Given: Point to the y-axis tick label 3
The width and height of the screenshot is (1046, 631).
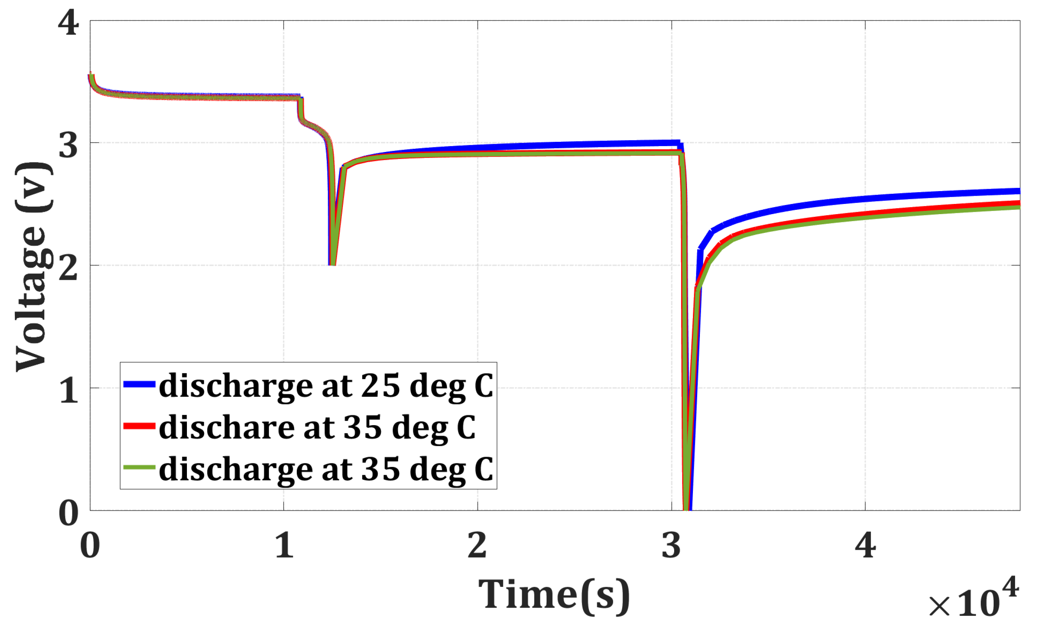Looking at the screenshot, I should point(68,145).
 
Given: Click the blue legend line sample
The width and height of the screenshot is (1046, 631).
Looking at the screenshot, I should point(139,384).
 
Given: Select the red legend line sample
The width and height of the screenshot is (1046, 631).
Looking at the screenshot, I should point(139,426).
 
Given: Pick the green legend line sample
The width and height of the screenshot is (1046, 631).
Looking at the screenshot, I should point(139,467).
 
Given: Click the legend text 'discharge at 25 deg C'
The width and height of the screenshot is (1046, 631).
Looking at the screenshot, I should point(326,386).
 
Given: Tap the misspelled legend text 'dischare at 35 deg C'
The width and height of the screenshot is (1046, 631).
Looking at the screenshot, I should point(317,427).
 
